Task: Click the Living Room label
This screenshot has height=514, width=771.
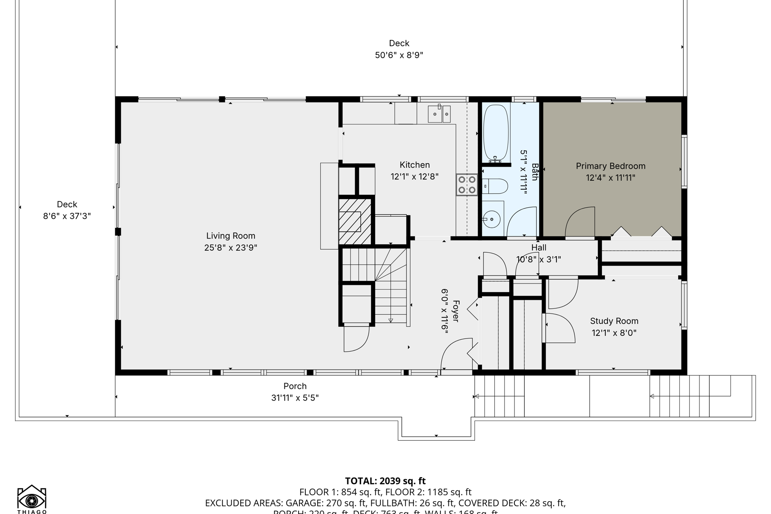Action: [x=230, y=236]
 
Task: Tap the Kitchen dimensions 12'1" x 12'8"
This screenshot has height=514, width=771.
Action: [x=414, y=176]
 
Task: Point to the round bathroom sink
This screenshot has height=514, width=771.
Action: [x=493, y=219]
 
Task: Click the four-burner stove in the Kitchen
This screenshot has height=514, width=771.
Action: [x=467, y=185]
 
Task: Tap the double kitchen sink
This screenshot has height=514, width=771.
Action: [x=439, y=114]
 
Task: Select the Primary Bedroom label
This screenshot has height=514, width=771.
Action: [x=610, y=166]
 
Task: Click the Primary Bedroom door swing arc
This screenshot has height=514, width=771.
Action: [x=580, y=221]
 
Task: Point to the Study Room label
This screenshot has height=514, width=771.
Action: [x=614, y=321]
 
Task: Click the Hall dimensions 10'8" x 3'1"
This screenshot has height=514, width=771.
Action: [x=538, y=259]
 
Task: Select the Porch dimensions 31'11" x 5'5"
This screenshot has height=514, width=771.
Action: [x=295, y=397]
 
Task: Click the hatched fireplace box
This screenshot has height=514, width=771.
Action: [x=354, y=221]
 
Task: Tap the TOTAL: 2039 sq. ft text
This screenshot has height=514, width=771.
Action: [x=385, y=481]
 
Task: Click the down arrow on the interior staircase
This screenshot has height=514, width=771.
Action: [x=391, y=320]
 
